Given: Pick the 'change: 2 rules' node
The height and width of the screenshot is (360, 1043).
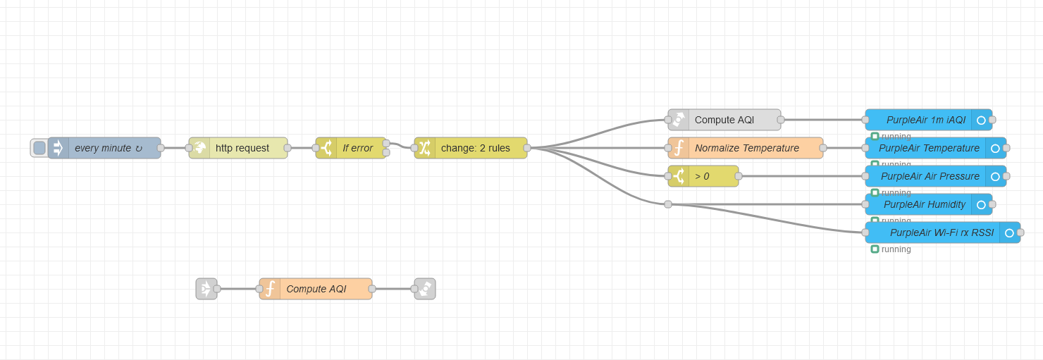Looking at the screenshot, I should pos(475,148).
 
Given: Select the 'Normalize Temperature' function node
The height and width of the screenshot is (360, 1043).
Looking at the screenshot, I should pos(746,148).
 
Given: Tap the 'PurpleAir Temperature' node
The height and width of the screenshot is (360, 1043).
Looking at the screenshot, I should pos(929,148).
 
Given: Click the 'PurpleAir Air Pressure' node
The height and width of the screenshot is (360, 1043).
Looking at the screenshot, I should pos(930,176).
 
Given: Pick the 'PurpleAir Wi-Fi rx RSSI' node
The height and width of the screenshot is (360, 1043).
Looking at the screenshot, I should pos(941,232).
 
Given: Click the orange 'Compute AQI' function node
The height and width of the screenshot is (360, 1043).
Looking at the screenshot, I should pos(316,289).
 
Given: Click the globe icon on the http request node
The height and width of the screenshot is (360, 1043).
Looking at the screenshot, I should pos(200,148).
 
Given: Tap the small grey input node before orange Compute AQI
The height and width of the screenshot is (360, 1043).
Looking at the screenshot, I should pos(206,289).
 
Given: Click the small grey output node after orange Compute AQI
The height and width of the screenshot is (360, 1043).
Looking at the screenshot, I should pos(425,289).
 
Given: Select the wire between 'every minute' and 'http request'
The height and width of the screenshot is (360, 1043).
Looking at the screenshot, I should pos(175,148).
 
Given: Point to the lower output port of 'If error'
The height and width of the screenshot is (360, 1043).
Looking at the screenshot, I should pos(386,152).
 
